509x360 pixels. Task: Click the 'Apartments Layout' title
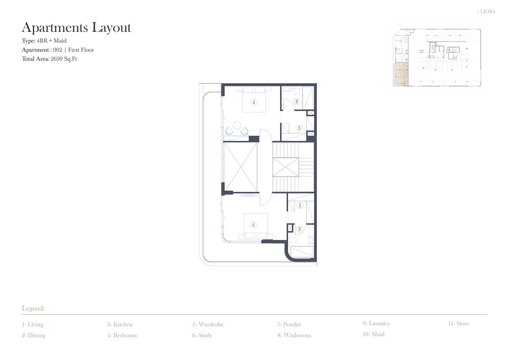(76, 28)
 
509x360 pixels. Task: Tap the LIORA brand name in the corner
(488, 12)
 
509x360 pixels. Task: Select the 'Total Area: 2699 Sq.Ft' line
(49, 59)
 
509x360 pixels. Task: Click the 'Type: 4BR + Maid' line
(44, 41)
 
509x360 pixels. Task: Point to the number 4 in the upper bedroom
(254, 102)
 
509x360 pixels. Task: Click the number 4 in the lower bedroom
(253, 225)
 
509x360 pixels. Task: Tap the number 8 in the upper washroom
(297, 101)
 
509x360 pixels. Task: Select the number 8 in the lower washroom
(300, 229)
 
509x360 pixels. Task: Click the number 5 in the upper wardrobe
(299, 128)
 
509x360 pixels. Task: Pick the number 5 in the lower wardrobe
(300, 206)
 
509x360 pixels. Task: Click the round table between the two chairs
(237, 126)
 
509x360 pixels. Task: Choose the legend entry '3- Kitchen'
(120, 324)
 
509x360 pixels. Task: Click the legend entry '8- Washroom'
(294, 335)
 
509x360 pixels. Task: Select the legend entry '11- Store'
(458, 323)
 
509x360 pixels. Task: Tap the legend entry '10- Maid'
(374, 334)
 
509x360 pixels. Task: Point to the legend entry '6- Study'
(202, 336)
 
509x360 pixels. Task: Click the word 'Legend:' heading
(33, 308)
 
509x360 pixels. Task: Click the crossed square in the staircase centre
(286, 167)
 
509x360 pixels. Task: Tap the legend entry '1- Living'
(33, 325)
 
